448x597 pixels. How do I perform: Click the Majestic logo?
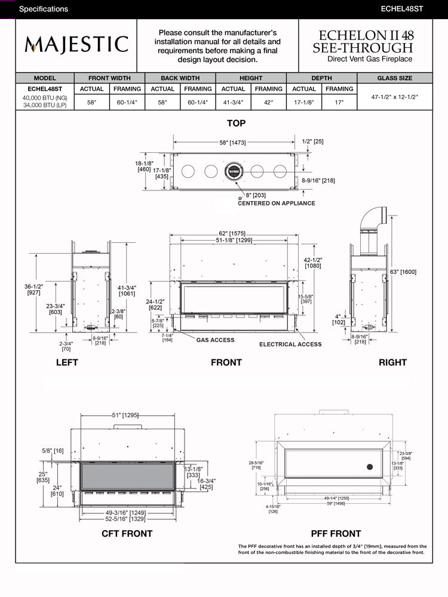pos(76,45)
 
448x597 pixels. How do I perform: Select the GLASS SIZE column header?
pos(394,78)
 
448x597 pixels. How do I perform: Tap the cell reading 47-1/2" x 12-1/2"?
pos(394,96)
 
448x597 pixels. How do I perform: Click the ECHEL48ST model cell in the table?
pos(45,89)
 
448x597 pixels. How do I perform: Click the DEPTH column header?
pos(322,78)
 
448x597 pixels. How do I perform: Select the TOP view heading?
pos(236,123)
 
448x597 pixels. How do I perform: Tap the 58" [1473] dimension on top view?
pos(233,143)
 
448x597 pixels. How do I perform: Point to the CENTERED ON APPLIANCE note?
pos(277,203)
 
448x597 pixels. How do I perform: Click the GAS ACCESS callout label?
pos(215,340)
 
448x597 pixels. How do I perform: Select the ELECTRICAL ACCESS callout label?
pos(290,344)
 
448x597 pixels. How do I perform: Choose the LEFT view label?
pos(66,362)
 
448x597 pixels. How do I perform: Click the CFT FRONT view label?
pos(127,534)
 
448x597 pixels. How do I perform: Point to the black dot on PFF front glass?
pos(370,466)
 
